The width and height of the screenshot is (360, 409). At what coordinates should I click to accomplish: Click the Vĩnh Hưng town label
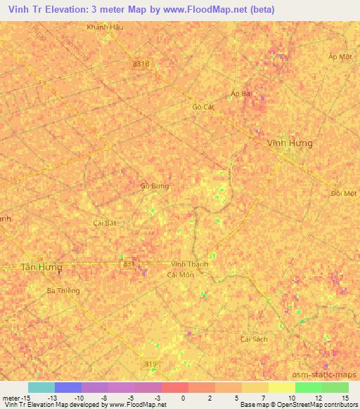tap(290, 143)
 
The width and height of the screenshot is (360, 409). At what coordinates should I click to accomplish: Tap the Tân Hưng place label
tap(41, 268)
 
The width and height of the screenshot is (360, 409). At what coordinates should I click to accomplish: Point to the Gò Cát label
tap(202, 107)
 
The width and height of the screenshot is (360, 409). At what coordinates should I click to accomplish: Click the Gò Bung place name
tap(154, 186)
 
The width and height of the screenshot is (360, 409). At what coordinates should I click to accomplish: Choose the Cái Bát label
tap(104, 222)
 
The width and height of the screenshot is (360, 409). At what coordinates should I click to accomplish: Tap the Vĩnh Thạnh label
tap(189, 264)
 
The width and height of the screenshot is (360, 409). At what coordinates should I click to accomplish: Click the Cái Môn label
tap(180, 275)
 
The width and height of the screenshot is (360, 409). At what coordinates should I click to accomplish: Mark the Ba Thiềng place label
tap(63, 290)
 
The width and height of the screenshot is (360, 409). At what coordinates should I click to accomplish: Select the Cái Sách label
tap(254, 339)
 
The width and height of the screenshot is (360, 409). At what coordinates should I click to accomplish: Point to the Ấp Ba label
tap(240, 93)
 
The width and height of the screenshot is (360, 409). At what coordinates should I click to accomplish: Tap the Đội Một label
tap(344, 193)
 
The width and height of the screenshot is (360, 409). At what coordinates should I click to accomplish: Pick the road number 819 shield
tap(150, 363)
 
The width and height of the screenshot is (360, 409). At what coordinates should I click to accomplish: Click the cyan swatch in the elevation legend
tap(41, 387)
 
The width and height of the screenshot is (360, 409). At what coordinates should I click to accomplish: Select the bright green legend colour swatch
tap(308, 387)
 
